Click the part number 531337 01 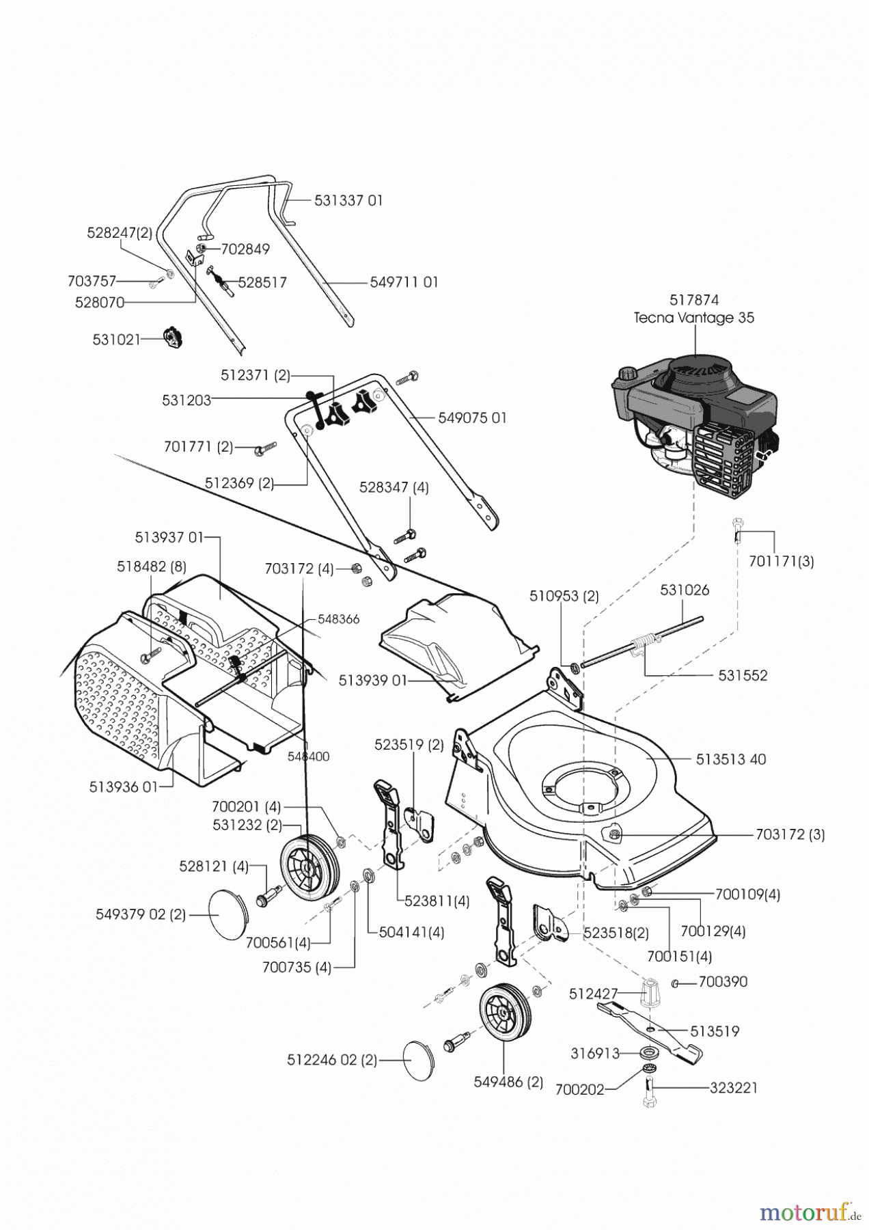tap(348, 200)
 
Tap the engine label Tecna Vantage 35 tap(693, 318)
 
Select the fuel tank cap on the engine tap(626, 374)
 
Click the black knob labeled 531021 tap(174, 338)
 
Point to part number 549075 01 tap(472, 418)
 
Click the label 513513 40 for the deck tap(731, 759)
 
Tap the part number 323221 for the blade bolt tap(734, 1088)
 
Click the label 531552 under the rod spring tap(743, 675)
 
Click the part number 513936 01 tap(123, 787)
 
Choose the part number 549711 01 tap(404, 282)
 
